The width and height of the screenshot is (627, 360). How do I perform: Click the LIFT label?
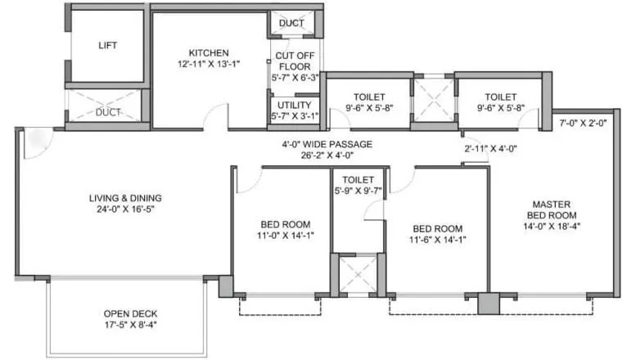(106, 46)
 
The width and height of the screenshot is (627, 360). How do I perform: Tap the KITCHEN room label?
(208, 52)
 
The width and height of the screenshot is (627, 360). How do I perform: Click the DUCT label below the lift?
(107, 112)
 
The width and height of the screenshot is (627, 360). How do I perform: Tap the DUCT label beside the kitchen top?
(291, 23)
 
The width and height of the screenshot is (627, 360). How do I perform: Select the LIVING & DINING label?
(125, 198)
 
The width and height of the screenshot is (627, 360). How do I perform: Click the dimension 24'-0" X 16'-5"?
(125, 209)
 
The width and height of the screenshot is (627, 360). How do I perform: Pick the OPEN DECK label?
(130, 313)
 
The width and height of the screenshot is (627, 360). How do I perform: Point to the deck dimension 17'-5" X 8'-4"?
(130, 326)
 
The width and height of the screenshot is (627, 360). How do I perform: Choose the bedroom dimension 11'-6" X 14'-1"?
(438, 240)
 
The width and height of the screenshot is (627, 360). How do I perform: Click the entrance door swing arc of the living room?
(36, 144)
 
